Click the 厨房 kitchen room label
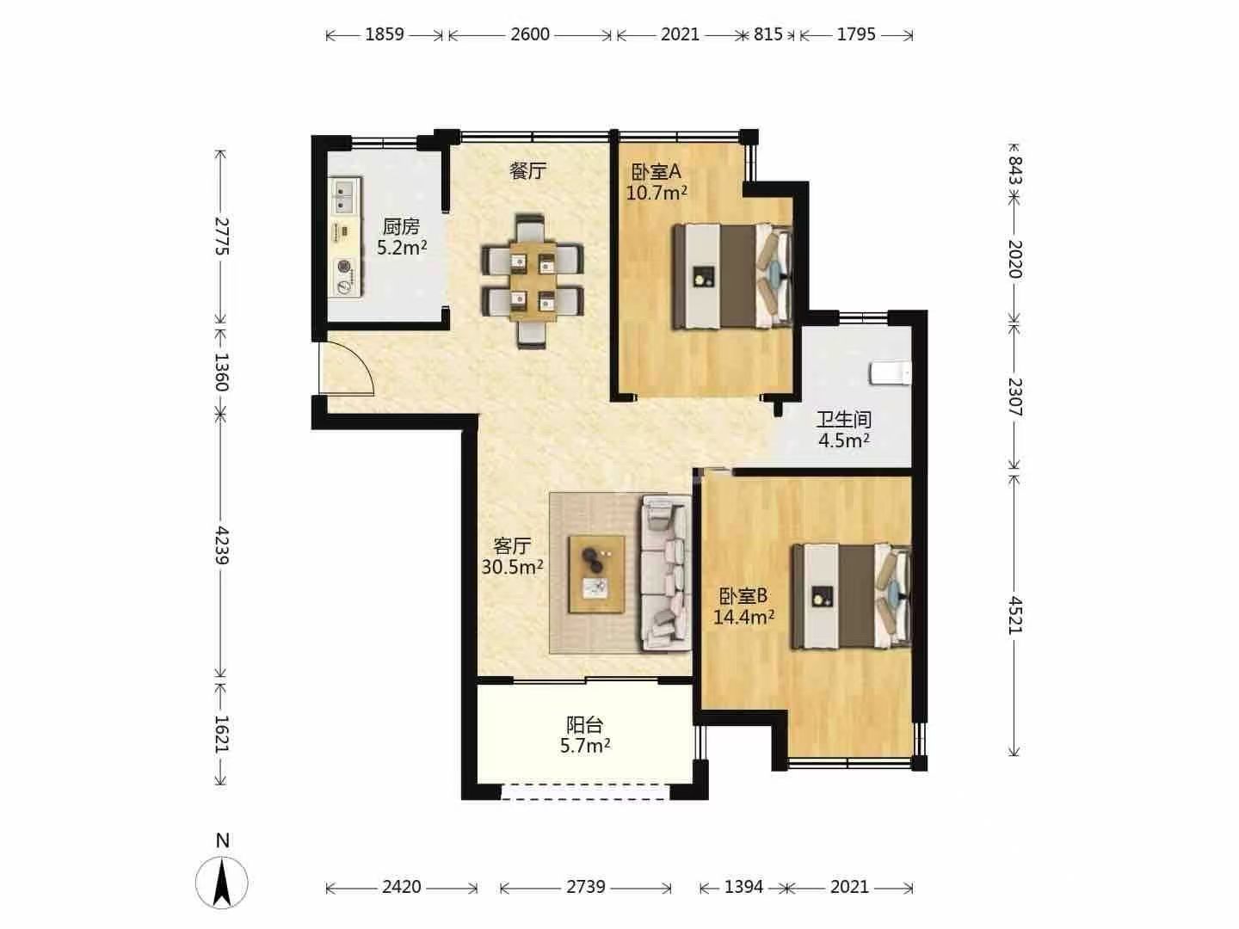[x=401, y=227]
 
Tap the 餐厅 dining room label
[x=527, y=170]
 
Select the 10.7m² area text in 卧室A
[x=656, y=194]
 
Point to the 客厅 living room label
[x=512, y=546]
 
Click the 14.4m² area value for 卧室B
[x=743, y=617]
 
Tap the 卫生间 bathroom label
[x=844, y=419]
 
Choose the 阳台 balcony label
[x=585, y=723]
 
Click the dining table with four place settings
[x=533, y=281]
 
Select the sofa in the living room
[x=665, y=572]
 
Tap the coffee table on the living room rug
[x=596, y=575]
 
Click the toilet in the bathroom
[x=891, y=372]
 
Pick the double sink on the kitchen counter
[x=344, y=196]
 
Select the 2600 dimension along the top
[x=530, y=35]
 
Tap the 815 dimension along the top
[x=768, y=35]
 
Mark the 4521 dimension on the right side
[x=1014, y=615]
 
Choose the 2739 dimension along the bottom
[x=586, y=887]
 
